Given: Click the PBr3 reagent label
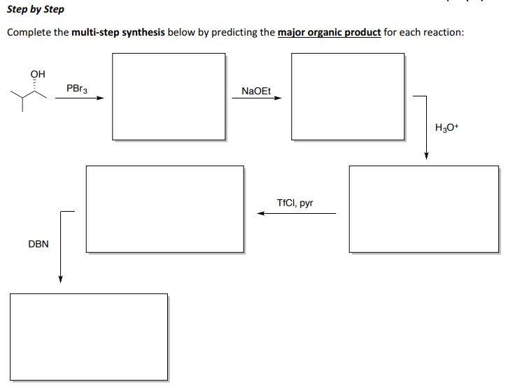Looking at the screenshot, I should pos(76,89).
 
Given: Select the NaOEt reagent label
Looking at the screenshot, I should pos(255,91).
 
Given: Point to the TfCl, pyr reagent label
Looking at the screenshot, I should pos(295,203).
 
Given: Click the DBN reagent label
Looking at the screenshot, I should pos(38,244).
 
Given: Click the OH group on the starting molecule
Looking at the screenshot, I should pos(38,73).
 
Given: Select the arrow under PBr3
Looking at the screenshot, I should pos(80,99).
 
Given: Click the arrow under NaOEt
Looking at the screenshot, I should pos(257,99).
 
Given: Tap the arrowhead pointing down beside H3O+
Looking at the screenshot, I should pos(426,155).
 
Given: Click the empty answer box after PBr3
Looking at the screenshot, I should pos(169,96).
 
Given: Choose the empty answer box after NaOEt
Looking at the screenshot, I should pos(348,96).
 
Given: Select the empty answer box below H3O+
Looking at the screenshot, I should pos(424,209).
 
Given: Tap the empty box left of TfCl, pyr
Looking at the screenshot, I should pos(165,208).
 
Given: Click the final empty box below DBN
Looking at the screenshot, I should pos(89,337).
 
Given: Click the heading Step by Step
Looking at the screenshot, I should pos(35,9).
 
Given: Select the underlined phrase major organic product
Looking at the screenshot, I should pos(329,33).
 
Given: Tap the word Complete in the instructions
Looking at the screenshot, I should pos(29,33).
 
